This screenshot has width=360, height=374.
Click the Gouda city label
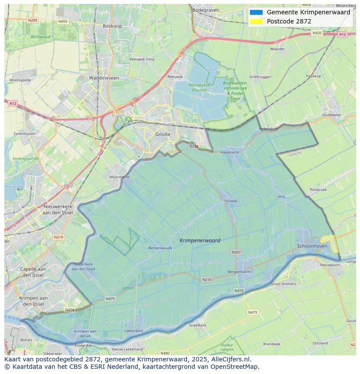[x=163, y=134]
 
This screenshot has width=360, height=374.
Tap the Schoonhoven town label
[x=312, y=246]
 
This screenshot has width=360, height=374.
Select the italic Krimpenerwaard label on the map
[x=200, y=240]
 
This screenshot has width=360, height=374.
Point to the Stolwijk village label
[x=230, y=201]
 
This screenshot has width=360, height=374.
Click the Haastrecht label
[x=230, y=152]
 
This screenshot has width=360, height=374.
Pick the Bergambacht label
[x=239, y=272]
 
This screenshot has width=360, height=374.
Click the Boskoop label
[x=112, y=26]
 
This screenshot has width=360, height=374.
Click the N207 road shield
[x=236, y=252]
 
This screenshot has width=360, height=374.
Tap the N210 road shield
[x=207, y=279]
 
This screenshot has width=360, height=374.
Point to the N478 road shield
[x=239, y=291]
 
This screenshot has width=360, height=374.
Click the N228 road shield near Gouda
[x=193, y=146]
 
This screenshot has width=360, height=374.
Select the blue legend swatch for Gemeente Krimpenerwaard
[x=256, y=12]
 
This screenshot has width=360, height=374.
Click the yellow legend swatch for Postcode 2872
[x=256, y=21]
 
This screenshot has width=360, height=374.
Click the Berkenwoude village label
[x=160, y=248]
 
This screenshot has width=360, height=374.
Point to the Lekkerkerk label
[x=133, y=331]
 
